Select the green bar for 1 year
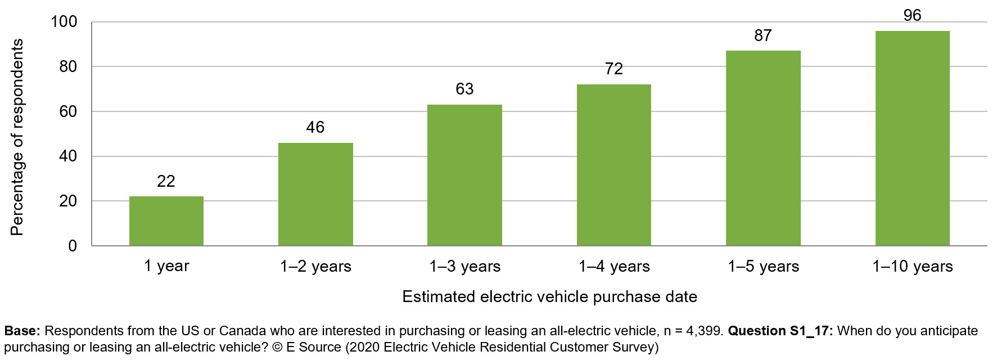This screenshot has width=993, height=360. (x=166, y=221)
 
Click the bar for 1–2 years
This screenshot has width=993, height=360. (x=315, y=194)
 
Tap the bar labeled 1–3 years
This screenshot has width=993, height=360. (x=464, y=175)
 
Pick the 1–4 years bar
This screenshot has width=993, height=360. (x=613, y=165)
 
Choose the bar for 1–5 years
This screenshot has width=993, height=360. (x=763, y=148)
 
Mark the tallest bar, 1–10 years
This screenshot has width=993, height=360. (x=912, y=138)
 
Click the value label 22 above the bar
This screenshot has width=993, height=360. (x=166, y=181)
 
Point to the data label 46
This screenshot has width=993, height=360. (x=315, y=128)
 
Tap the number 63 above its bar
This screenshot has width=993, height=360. (x=464, y=89)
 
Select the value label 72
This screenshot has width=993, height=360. (x=613, y=69)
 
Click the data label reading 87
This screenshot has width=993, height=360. (x=763, y=36)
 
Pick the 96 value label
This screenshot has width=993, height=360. (x=912, y=16)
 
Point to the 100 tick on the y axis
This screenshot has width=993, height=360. (x=64, y=22)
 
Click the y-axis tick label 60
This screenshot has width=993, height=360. (x=68, y=111)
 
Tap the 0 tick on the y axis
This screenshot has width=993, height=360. (x=73, y=246)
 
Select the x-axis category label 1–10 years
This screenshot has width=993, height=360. (x=912, y=267)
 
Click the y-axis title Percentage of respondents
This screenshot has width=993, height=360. (x=17, y=137)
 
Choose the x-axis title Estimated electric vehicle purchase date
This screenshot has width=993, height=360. (x=549, y=297)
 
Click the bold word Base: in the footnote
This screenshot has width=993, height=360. (x=22, y=331)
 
